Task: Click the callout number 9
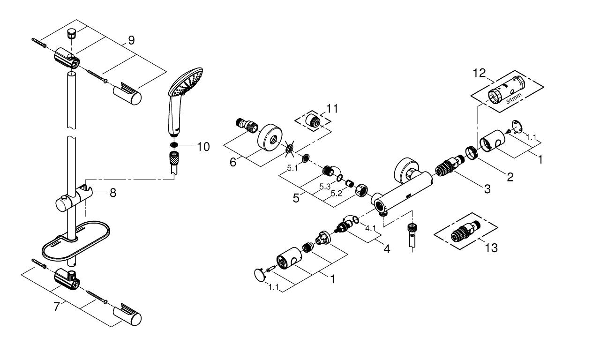pos(131,40)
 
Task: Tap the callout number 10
pos(203,147)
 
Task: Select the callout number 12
pos(479,73)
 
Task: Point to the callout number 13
pos(492,248)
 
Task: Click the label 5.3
pos(325,187)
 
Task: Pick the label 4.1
pos(370,228)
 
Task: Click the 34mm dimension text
pos(513,98)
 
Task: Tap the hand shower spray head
pos(185,82)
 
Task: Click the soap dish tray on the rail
pos(76,241)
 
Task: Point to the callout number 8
pos(113,193)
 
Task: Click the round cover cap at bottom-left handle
pos(259,275)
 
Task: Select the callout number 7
pos(57,307)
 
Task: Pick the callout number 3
pos(487,189)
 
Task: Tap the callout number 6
pos(233,162)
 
